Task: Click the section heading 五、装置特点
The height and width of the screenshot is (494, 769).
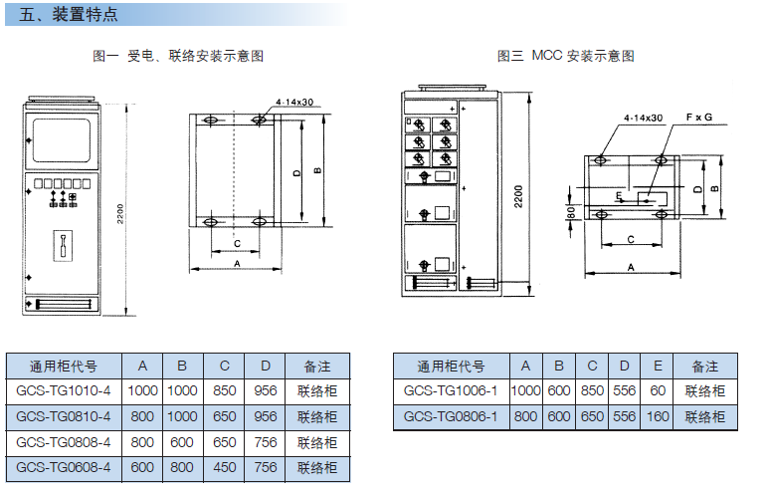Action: (x=69, y=15)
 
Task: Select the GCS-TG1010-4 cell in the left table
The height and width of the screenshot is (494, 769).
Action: (x=64, y=390)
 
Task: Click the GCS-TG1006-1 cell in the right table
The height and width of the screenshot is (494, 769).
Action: (x=451, y=391)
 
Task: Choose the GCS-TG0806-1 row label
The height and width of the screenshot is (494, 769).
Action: (x=451, y=417)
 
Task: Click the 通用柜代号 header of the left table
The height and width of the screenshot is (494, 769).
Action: (x=64, y=366)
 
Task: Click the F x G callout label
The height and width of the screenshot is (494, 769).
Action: (x=699, y=118)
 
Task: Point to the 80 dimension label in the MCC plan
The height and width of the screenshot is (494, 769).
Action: (x=571, y=212)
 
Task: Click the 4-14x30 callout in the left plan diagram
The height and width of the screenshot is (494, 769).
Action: (x=293, y=102)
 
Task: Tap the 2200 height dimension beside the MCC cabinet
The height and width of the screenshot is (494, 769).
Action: (x=517, y=195)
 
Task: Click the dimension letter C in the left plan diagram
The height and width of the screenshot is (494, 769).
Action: (x=237, y=242)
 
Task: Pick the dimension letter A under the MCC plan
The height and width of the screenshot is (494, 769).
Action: (x=632, y=267)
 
